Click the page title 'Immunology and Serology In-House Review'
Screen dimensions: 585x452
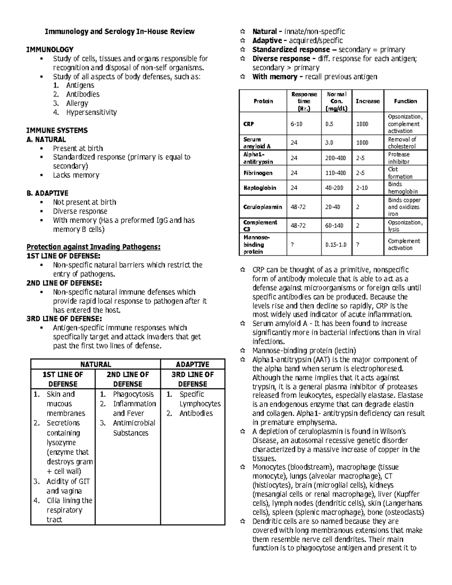[x=120, y=32]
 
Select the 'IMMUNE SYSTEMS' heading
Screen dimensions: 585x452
[x=57, y=130]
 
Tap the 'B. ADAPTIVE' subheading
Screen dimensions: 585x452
[x=47, y=193]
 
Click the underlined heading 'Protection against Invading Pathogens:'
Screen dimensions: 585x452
[x=93, y=247]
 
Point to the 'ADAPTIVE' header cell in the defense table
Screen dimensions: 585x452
[x=192, y=364]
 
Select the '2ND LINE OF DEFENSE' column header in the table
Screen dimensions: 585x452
[x=128, y=379]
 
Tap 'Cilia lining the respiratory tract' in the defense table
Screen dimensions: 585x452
[x=69, y=510]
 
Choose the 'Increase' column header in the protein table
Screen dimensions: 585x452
[x=368, y=101]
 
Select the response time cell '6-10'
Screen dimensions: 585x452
[x=296, y=124]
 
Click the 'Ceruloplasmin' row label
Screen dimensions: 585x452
[x=263, y=207]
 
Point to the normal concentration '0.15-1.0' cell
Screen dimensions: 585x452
[x=336, y=244]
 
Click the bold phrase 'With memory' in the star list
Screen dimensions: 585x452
[x=275, y=77]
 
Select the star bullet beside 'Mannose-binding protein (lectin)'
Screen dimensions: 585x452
[x=243, y=351]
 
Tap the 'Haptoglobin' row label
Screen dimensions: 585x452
[x=260, y=188]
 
